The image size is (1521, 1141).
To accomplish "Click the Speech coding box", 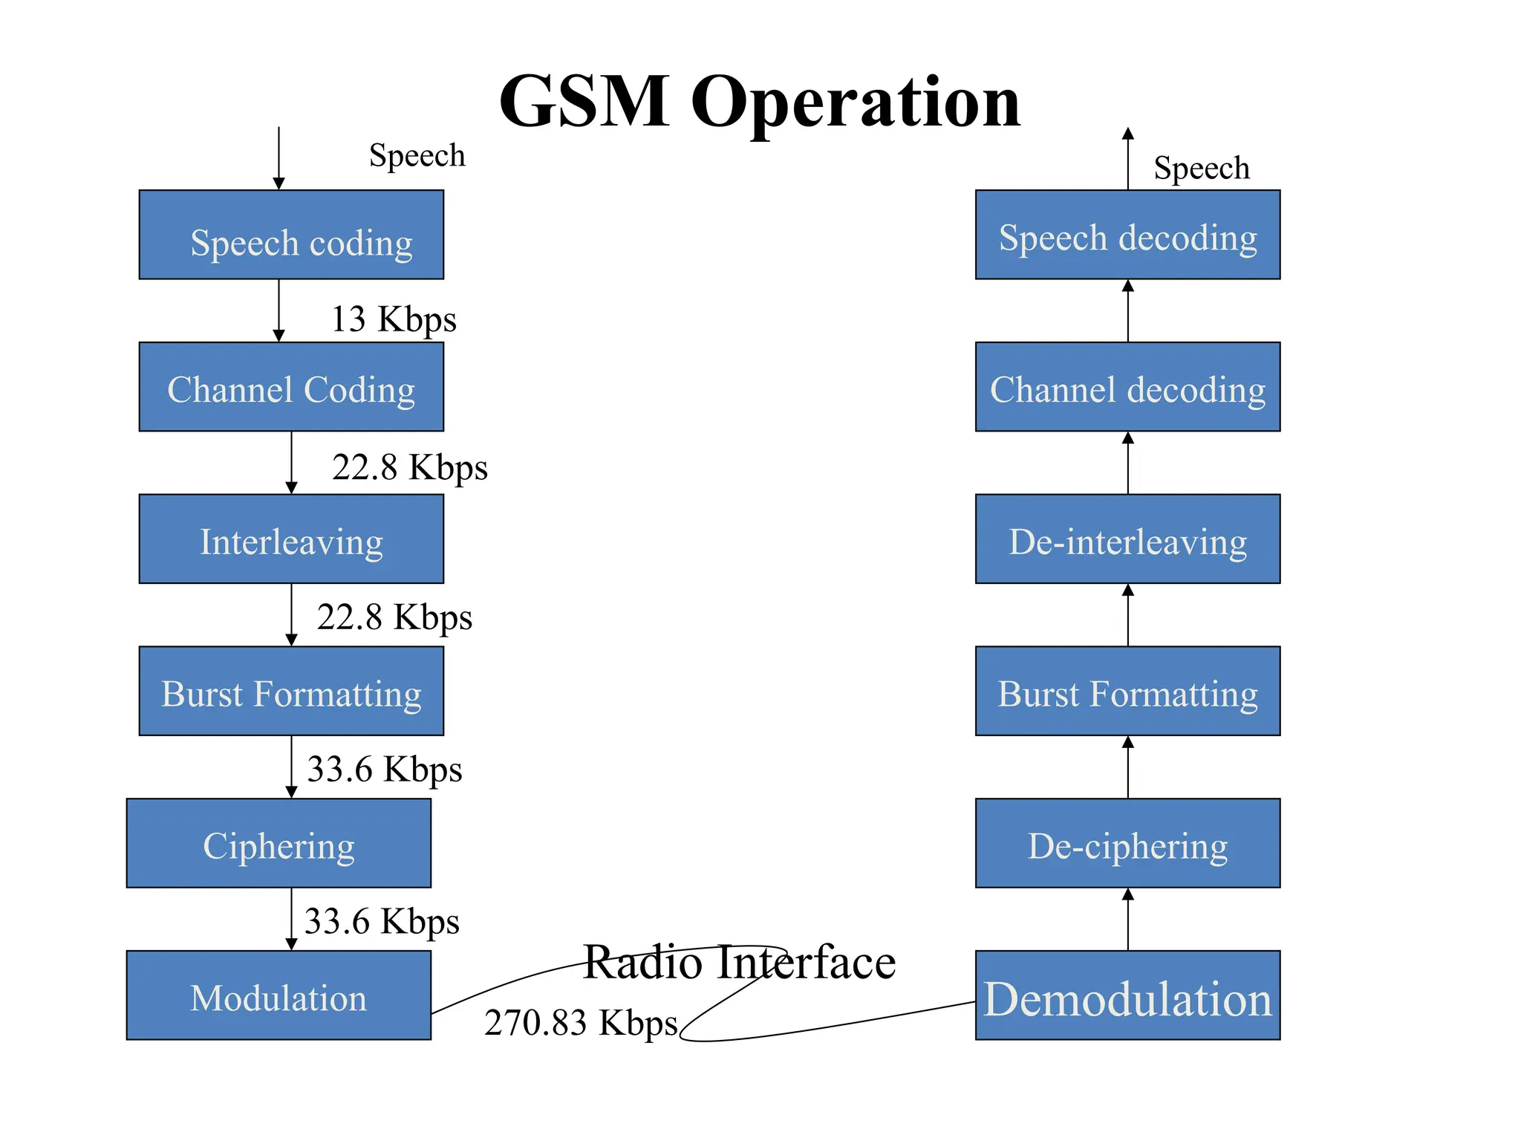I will pos(291,235).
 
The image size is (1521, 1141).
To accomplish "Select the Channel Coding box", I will pos(291,387).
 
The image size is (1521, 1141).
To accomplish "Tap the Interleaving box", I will pos(291,539).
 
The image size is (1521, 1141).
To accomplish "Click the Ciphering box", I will pos(279,843).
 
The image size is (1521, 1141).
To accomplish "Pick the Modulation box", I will pos(279,995).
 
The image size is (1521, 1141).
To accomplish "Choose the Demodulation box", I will pos(1127,995).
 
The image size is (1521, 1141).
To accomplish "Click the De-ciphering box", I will pos(1127,843).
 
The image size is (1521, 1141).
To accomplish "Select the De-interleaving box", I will pos(1127,539).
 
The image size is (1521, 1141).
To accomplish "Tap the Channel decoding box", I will pos(1127,387).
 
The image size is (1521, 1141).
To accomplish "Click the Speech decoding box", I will pos(1127,235).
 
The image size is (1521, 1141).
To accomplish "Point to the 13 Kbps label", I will pos(394,319).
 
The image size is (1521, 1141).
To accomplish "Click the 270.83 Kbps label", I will pos(581,1023).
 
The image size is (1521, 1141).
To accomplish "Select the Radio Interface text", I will pos(739,962).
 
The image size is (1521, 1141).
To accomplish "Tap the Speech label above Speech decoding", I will pos(1201,168).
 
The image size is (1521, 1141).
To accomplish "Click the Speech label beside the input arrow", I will pos(417,156).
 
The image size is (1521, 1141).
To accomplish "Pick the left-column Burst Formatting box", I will pos(291,692).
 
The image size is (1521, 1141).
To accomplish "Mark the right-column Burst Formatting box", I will pos(1127,692).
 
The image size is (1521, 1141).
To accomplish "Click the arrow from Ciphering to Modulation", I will pos(291,919).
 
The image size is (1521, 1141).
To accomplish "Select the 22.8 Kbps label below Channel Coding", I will pos(410,468).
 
